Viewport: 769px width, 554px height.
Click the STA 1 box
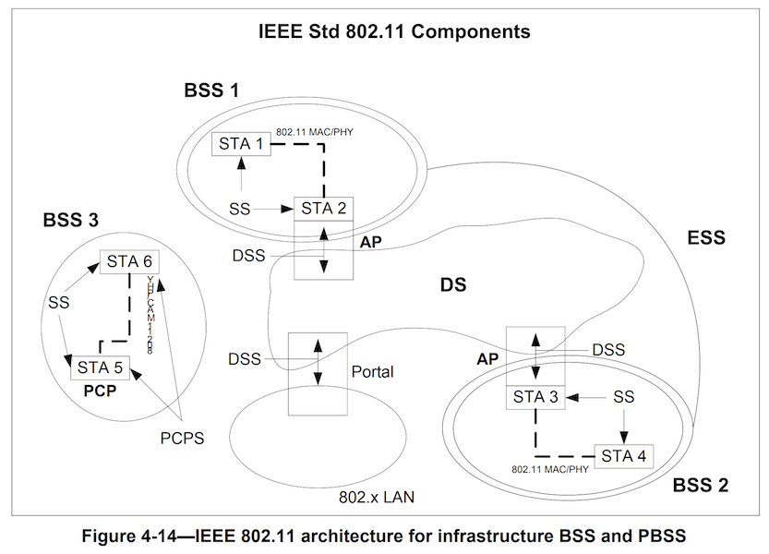241,145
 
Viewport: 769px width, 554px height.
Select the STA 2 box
323,209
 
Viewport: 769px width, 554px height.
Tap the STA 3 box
536,398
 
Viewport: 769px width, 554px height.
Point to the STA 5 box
99,367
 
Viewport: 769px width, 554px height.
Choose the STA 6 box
128,260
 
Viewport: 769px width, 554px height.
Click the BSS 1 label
210,90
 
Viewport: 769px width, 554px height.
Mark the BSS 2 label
701,485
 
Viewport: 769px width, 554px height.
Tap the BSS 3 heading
70,222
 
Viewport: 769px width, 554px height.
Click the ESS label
706,237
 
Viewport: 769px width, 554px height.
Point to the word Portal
373,372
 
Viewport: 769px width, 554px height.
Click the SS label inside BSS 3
57,302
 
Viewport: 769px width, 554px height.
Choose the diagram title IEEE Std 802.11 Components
395,32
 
